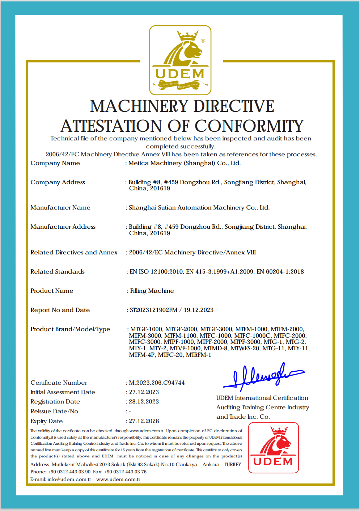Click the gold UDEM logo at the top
pyautogui.click(x=180, y=60)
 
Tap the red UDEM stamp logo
pyautogui.click(x=274, y=448)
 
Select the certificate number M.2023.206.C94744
pyautogui.click(x=157, y=383)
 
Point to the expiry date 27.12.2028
pyautogui.click(x=144, y=421)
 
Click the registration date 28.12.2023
pyautogui.click(x=144, y=401)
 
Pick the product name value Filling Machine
pyautogui.click(x=152, y=291)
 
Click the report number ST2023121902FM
pyautogui.click(x=153, y=310)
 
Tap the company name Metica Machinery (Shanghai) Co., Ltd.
pyautogui.click(x=185, y=163)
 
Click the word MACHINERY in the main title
pyautogui.click(x=139, y=106)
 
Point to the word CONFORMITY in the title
pyautogui.click(x=249, y=126)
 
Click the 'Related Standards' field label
pyautogui.click(x=58, y=271)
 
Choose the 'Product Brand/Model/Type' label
pyautogui.click(x=70, y=329)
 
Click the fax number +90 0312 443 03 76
pyautogui.click(x=125, y=472)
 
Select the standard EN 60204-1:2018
pyautogui.click(x=280, y=271)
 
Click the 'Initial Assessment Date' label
pyautogui.click(x=63, y=392)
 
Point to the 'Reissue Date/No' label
pyautogui.click(x=54, y=411)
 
